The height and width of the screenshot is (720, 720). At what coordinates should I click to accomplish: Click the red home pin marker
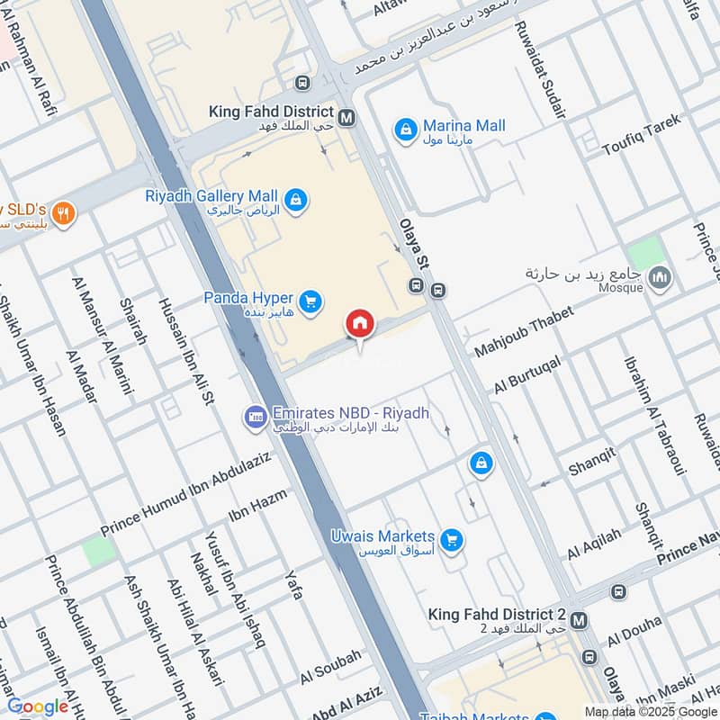[359, 324]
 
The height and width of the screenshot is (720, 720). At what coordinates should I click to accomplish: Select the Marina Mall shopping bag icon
[406, 130]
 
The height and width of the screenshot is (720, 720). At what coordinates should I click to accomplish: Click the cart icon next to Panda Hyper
[310, 302]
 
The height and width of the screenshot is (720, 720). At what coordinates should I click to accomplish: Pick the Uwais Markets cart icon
[452, 540]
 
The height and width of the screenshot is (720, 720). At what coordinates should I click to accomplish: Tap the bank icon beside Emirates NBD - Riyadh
[254, 417]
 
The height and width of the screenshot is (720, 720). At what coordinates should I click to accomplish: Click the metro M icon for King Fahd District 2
[580, 620]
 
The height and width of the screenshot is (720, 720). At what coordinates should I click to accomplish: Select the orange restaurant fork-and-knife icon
[62, 214]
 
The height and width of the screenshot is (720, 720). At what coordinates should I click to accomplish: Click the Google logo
[38, 706]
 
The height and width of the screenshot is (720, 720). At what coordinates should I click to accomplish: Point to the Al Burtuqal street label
[527, 373]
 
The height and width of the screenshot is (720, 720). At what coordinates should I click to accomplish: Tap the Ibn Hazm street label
[257, 505]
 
